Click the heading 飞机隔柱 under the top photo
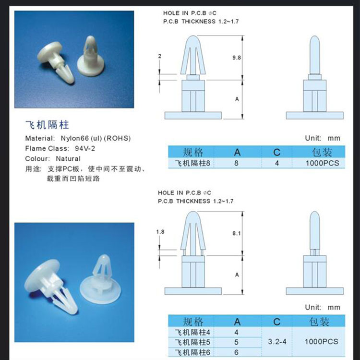(47, 125)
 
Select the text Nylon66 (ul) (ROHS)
(96, 138)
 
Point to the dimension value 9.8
(236, 57)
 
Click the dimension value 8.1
(236, 233)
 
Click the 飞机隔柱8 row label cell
(193, 163)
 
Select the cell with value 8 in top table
(236, 163)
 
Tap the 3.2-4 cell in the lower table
(276, 342)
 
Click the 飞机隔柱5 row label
(193, 342)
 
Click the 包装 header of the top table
(322, 152)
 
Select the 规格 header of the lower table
(193, 321)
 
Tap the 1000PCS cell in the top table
(322, 163)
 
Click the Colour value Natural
(68, 158)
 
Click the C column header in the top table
(276, 152)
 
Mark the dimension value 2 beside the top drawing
(159, 56)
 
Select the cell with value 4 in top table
(276, 163)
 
